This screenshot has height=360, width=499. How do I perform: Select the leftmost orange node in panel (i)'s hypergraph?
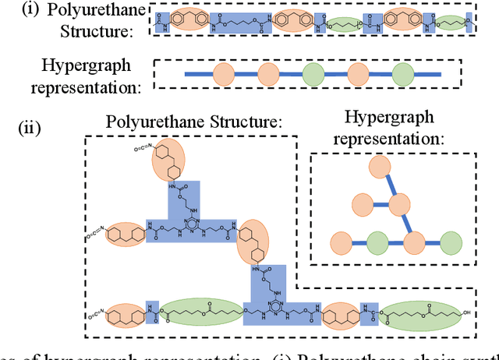224,74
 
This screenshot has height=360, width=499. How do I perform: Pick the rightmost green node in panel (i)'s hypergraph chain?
402,74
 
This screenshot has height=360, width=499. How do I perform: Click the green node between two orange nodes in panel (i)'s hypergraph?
313,74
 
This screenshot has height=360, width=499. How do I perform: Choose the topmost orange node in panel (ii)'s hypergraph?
380,167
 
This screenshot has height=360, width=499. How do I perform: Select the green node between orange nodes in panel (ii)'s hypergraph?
377,241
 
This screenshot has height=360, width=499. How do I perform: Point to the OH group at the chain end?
465,316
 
